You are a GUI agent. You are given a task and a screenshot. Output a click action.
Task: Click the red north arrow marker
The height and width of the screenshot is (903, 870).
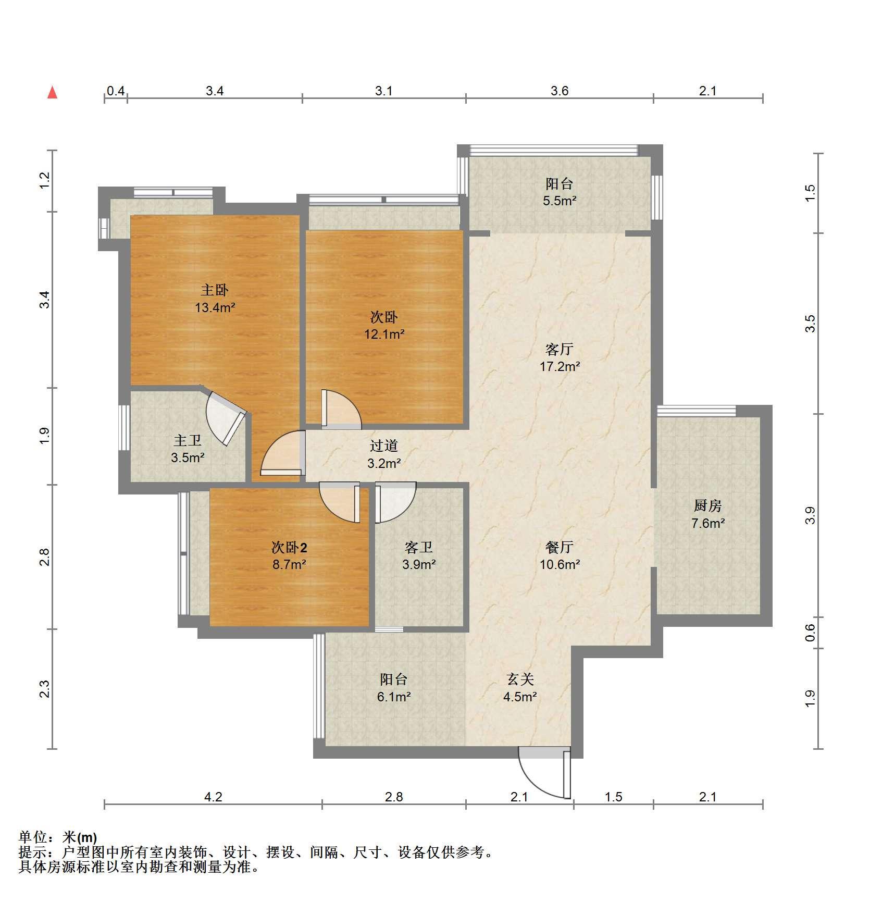point(52,93)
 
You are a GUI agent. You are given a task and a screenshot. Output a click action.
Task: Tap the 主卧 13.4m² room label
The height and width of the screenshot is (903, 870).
point(215,299)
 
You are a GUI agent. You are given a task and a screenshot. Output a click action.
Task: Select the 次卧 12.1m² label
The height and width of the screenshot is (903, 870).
point(384,325)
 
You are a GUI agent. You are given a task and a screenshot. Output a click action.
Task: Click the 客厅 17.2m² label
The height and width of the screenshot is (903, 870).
point(560,357)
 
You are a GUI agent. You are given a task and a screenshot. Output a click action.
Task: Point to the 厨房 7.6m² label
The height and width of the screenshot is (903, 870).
point(707,514)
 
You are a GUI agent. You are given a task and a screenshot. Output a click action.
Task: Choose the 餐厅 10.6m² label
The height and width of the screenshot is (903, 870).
point(560,555)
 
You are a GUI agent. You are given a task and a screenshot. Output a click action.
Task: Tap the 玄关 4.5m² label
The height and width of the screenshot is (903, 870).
point(520,688)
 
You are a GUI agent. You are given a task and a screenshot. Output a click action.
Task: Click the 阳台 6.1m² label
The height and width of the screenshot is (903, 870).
point(394,688)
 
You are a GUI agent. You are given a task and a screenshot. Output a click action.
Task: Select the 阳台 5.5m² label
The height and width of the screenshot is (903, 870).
point(560,192)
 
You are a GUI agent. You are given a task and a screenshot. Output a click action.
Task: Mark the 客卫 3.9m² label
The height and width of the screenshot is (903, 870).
point(419,555)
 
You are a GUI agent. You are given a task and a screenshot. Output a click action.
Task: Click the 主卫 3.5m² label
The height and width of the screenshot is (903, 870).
point(188,449)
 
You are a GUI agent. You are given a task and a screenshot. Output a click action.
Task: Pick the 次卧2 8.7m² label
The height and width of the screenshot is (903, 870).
point(289,555)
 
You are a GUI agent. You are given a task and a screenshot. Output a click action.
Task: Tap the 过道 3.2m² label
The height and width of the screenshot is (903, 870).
point(384,454)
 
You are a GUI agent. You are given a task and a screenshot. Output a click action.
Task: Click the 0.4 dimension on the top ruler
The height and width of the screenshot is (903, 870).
point(116,91)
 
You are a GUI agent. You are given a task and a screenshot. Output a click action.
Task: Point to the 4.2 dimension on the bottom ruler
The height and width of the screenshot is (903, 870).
point(213,797)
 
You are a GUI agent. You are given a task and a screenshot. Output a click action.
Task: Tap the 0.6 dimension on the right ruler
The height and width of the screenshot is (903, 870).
point(809,633)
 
